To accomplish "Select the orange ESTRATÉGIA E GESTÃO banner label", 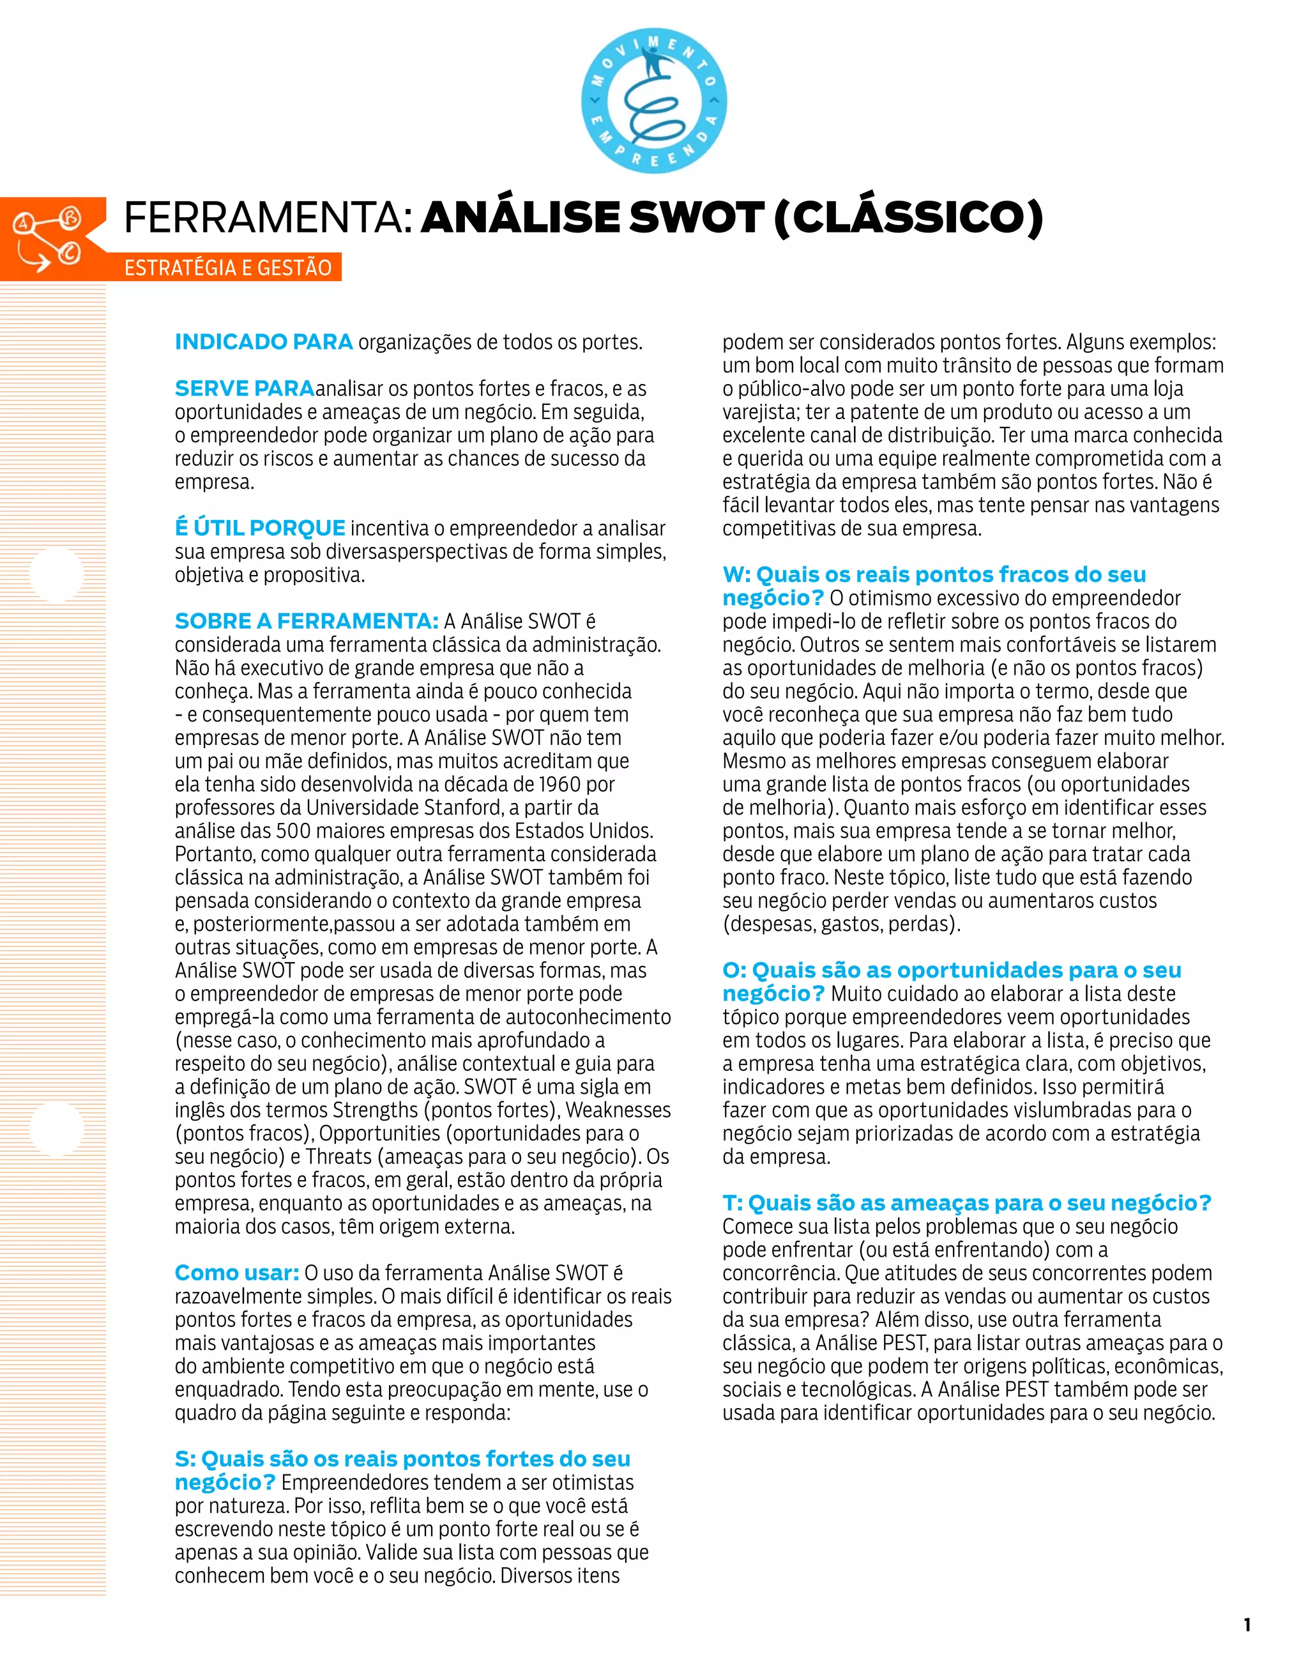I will (228, 268).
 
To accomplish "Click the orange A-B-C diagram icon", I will (49, 239).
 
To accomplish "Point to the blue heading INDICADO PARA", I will (264, 342).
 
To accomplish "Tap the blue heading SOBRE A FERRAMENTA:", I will (307, 621).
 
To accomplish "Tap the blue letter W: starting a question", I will (736, 574).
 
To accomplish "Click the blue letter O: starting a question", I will (734, 970).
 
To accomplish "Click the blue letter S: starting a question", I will (185, 1459).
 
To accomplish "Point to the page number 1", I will (1247, 1625).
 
